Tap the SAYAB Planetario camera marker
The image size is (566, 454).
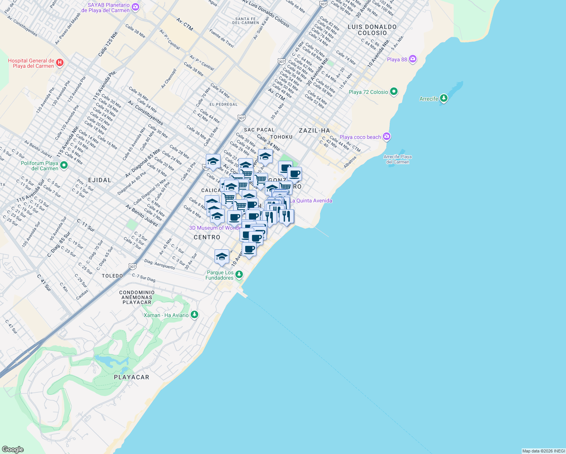[x=135, y=7]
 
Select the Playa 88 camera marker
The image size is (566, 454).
[x=413, y=59]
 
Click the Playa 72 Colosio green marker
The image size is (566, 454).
[x=394, y=92]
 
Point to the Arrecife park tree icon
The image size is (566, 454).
[x=444, y=98]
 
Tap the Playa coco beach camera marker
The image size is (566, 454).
[x=386, y=137]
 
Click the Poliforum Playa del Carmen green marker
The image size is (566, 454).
[x=64, y=165]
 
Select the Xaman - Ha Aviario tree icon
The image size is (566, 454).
[x=194, y=315]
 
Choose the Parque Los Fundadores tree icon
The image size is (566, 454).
[x=239, y=275]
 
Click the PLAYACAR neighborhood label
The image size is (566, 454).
[x=132, y=377]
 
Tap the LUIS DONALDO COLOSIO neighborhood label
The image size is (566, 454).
[x=372, y=30]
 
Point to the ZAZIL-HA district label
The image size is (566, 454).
[x=314, y=131]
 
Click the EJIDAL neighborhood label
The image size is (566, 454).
[x=100, y=180]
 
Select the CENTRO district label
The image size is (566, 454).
[x=207, y=237]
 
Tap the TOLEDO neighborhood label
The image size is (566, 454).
[x=112, y=276]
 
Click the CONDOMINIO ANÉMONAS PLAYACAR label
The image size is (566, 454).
[x=137, y=297]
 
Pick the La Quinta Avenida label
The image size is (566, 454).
[x=311, y=201]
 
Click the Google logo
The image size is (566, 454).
[x=12, y=449]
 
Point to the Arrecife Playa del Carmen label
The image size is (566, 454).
[x=397, y=159]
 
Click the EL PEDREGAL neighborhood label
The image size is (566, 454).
[x=224, y=104]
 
